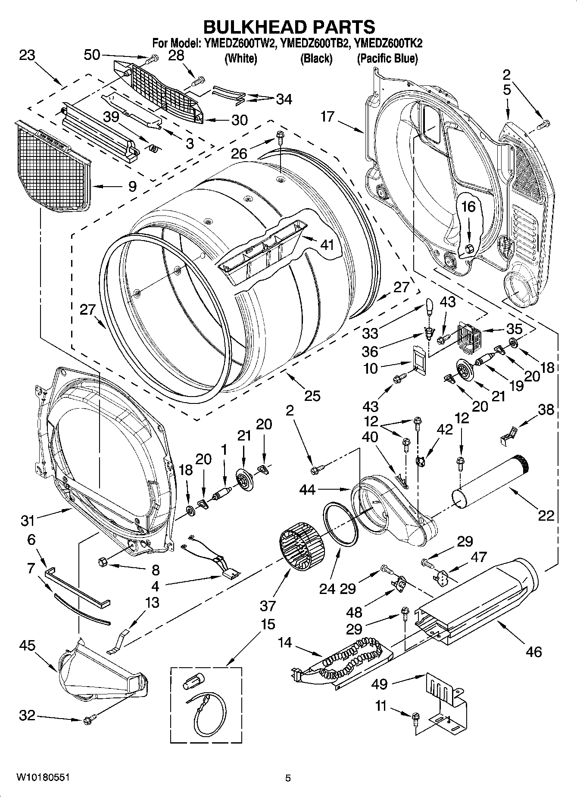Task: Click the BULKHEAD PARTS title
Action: coord(289,27)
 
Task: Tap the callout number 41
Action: coord(327,245)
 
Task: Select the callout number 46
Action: coord(533,652)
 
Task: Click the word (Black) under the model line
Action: coord(316,59)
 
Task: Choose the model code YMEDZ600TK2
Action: coord(388,43)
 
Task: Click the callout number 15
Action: coord(268,624)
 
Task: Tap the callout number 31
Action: coord(27,521)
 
